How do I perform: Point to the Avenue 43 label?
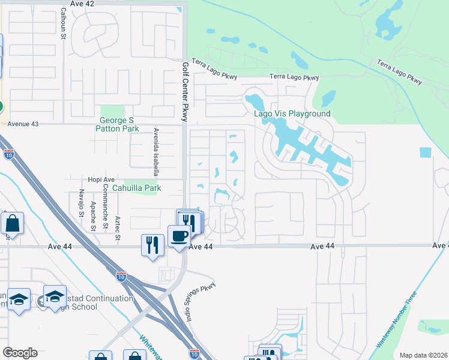click(22, 124)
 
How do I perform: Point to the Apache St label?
click(93, 217)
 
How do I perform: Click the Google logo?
click(20, 353)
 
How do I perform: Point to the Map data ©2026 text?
click(423, 355)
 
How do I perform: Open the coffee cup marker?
click(178, 236)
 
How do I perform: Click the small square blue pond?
click(426, 152)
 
